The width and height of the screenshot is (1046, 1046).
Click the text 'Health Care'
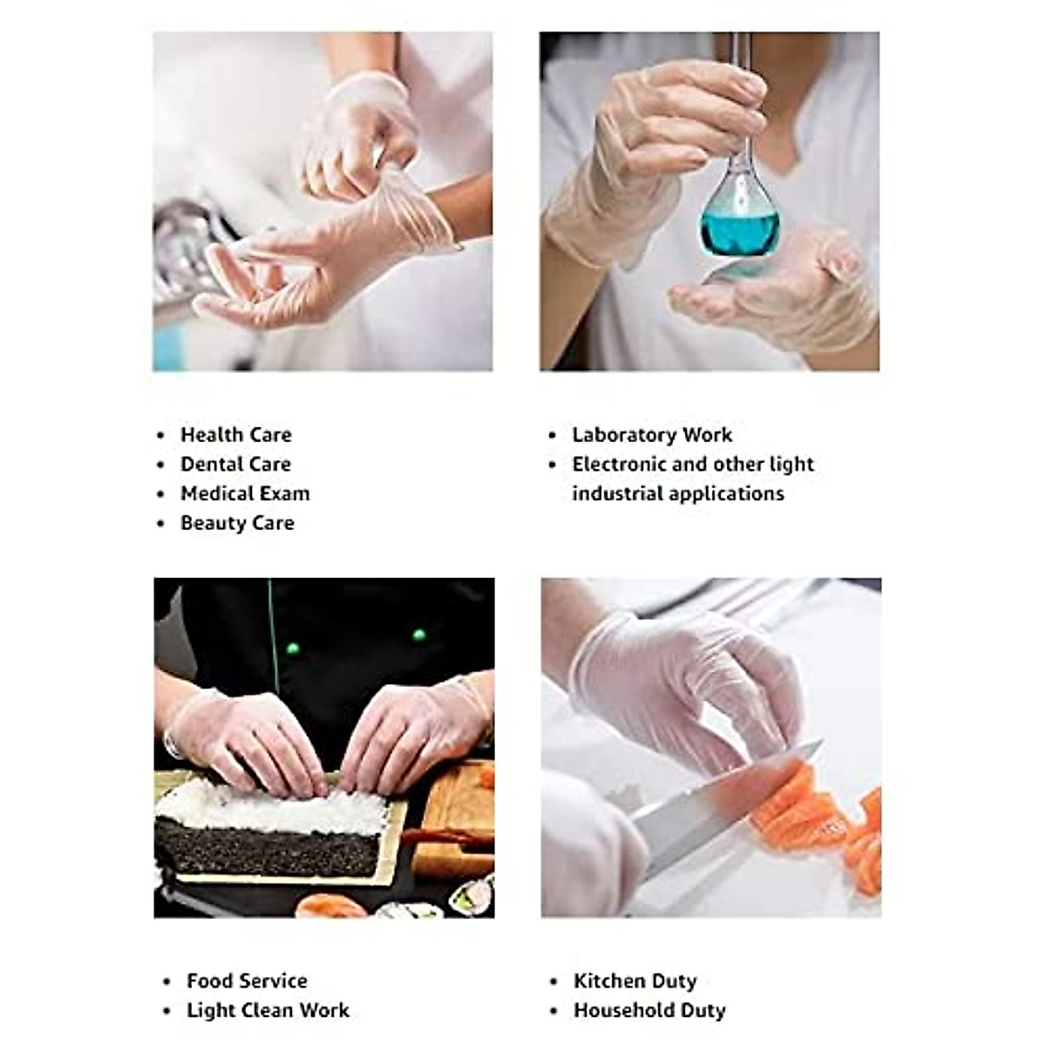click(235, 434)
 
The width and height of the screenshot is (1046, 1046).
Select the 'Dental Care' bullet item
click(235, 464)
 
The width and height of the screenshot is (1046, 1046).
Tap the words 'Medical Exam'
click(245, 493)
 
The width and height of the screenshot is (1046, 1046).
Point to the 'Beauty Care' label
click(237, 523)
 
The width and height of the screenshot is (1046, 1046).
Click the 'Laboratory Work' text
click(652, 434)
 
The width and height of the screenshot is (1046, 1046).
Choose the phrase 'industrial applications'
click(677, 493)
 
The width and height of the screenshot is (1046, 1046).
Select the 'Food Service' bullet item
click(247, 981)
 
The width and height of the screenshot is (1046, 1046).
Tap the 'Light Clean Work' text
click(268, 1010)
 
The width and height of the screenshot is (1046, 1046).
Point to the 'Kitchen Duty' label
click(635, 981)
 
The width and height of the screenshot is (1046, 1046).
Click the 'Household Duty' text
click(649, 1010)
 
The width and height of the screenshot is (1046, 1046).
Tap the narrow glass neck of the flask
click(741, 96)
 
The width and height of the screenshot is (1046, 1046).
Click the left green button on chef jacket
click(293, 648)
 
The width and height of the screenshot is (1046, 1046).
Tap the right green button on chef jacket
click(418, 635)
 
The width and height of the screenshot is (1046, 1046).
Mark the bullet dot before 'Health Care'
click(160, 435)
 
